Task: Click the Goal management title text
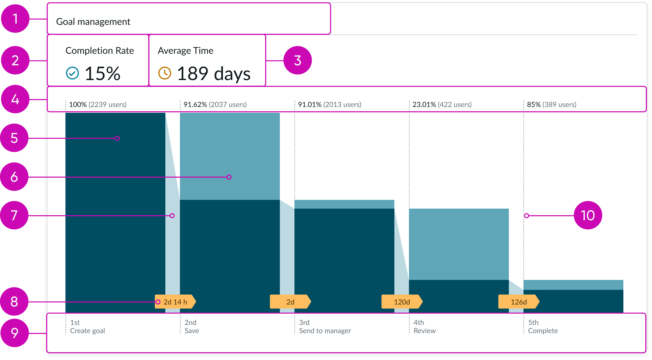coord(93,22)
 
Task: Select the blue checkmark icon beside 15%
coord(72,73)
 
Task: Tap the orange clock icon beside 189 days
coord(164,73)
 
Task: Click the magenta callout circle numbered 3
coord(297,60)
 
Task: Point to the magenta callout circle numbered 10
coord(588,215)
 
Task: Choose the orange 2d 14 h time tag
coord(175,302)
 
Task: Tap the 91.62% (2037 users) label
coord(215,105)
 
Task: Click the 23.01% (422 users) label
coord(442,105)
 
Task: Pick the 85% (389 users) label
coord(552,105)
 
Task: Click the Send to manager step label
coord(325,331)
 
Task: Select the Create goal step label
coord(87,331)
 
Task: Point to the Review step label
coord(424,331)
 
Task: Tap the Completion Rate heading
coord(100,51)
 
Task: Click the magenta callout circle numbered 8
coord(14,302)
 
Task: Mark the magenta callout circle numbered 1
coord(15,19)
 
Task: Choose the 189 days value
coord(214,73)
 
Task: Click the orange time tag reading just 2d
coord(290,302)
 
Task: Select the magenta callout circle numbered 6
coord(14,177)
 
